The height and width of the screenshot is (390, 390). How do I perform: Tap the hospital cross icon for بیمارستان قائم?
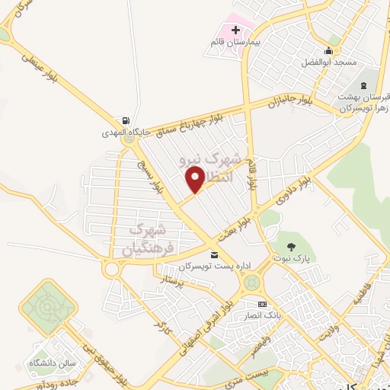point(235,30)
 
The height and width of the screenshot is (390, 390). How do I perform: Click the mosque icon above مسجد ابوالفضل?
point(330,47)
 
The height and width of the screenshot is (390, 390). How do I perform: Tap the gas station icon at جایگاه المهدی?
point(125,120)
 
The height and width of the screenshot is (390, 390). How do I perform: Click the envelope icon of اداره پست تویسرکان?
point(214,254)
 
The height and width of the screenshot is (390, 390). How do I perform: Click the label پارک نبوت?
point(289,258)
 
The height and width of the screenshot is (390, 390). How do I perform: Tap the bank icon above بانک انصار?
point(261,303)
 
